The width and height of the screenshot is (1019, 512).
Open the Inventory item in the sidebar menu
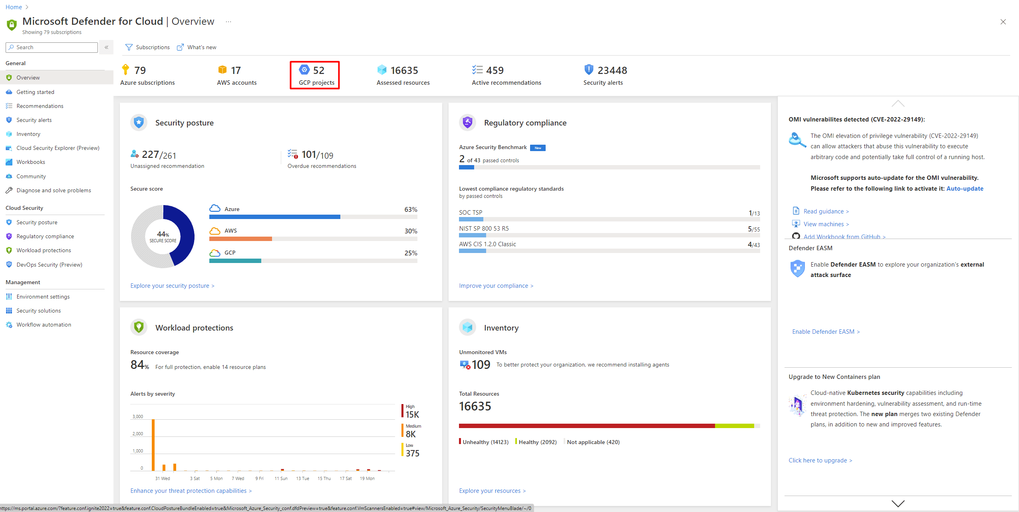click(x=28, y=134)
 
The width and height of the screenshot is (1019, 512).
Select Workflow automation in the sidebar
click(x=44, y=325)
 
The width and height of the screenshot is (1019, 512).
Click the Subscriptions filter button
click(x=147, y=47)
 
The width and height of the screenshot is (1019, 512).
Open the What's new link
click(x=198, y=47)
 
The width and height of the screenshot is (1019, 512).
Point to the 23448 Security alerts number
click(x=612, y=70)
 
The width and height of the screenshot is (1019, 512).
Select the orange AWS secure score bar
click(x=240, y=239)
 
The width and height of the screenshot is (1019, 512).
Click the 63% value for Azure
click(x=411, y=209)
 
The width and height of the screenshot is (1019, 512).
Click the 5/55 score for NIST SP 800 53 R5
click(x=753, y=229)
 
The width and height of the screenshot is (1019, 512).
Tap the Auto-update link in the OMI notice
click(x=965, y=189)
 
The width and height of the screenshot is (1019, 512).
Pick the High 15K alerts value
click(x=412, y=414)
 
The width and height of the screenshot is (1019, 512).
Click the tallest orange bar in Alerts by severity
click(x=153, y=444)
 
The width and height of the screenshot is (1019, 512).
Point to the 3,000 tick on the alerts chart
click(x=138, y=416)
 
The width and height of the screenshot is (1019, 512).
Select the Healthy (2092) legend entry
click(x=537, y=442)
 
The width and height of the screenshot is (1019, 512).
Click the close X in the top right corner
click(x=1003, y=22)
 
